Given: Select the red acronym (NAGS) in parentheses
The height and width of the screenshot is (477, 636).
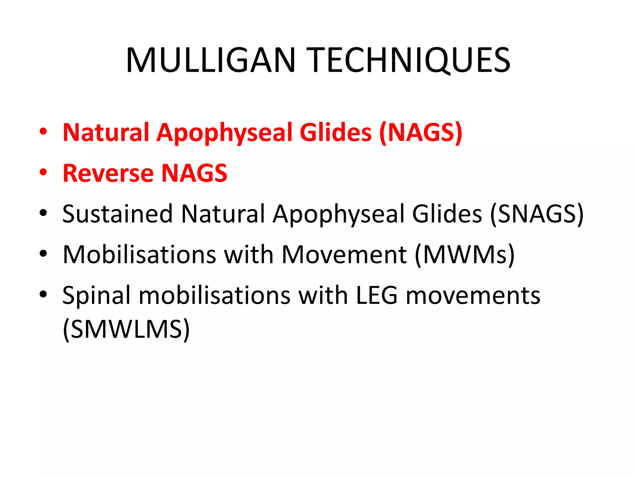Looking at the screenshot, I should click(421, 133).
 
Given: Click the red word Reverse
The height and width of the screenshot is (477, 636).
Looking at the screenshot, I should click(108, 173).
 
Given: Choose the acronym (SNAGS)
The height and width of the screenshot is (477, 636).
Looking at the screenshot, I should click(537, 214).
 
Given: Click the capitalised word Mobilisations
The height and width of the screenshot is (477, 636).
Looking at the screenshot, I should click(139, 255).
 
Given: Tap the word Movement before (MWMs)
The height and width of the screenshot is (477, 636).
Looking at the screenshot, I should click(344, 255).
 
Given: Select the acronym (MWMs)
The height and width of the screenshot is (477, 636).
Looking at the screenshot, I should click(465, 255).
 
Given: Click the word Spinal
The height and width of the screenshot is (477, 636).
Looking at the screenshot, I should click(97, 296).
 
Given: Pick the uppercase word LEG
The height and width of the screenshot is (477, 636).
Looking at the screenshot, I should click(376, 296).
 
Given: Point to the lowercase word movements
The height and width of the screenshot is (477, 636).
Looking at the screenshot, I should click(473, 296).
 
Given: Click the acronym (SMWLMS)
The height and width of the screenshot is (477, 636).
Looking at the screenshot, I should click(126, 329).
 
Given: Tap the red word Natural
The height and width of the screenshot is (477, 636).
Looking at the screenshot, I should click(106, 133).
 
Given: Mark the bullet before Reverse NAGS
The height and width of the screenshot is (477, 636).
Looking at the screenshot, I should click(43, 172).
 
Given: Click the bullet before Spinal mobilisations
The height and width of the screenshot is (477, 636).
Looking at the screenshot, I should click(43, 294).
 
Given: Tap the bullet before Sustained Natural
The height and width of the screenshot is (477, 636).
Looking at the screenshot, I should click(43, 213).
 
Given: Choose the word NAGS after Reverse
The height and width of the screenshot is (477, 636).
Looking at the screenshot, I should click(194, 173).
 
